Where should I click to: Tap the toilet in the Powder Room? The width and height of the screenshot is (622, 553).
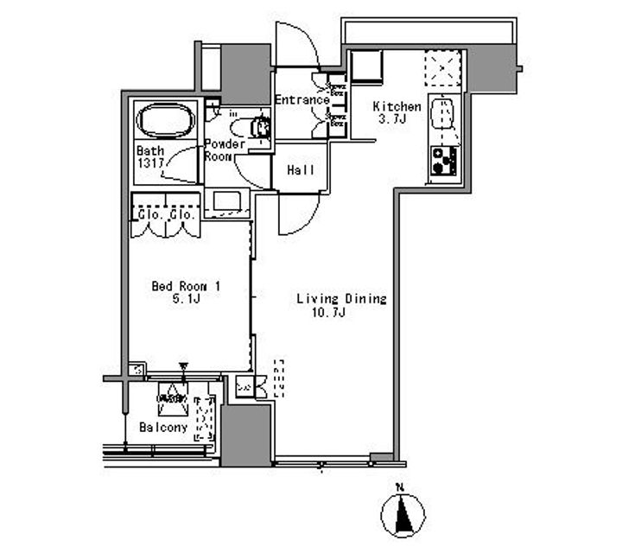coord(258,128)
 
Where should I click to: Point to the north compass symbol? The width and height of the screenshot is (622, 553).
coord(403,515)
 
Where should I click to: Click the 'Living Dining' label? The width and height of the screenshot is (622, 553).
coord(340,299)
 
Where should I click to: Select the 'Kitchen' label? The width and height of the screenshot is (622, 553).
coord(397,107)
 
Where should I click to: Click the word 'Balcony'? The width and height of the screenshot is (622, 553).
coord(163,427)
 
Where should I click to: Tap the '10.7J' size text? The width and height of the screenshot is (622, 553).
coord(328,312)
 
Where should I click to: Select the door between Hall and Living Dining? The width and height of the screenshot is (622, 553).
coord(298,212)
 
